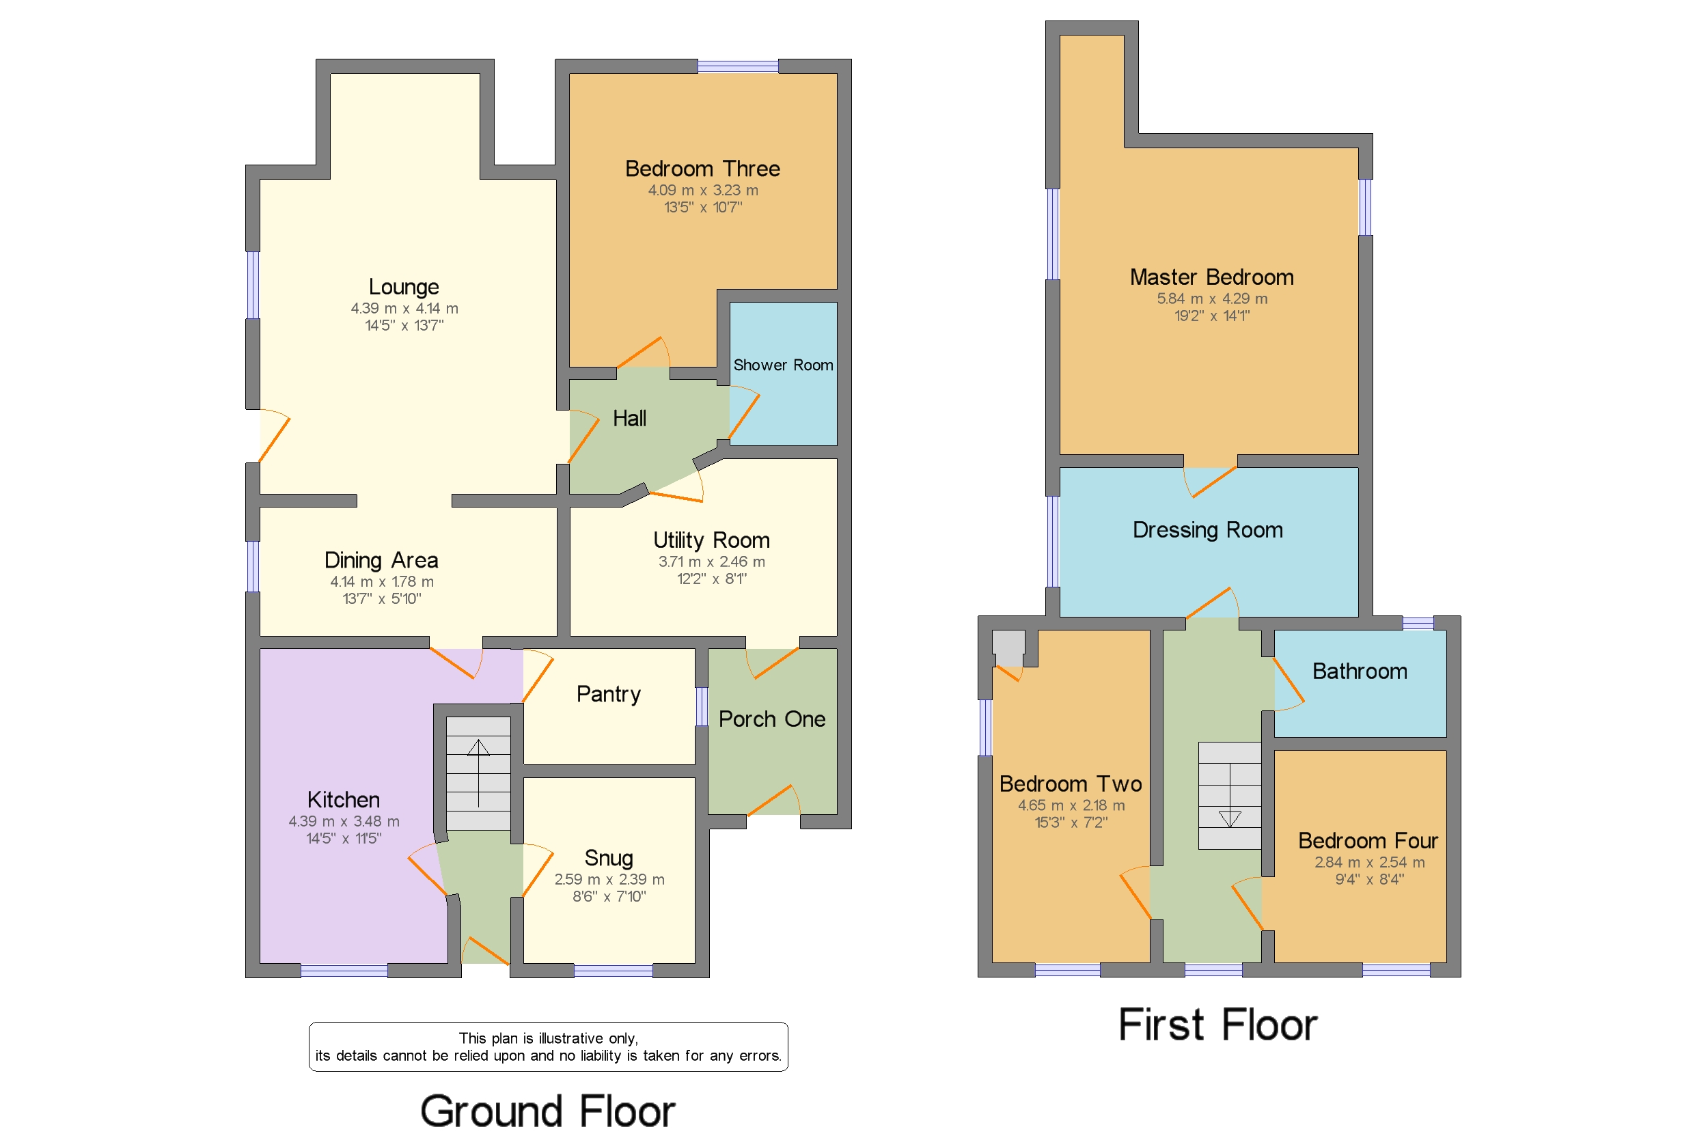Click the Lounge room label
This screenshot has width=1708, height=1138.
point(404,287)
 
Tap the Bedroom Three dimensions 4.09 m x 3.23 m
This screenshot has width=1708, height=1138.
point(702,190)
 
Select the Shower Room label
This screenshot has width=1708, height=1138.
point(782,365)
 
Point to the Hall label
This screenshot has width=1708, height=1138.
point(629,419)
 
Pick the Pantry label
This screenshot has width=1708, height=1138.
point(608,694)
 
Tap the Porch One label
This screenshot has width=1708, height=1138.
point(771,719)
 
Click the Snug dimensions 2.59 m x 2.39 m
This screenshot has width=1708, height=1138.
point(609,879)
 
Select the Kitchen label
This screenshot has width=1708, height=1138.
point(344,799)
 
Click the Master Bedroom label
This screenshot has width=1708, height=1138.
point(1211,277)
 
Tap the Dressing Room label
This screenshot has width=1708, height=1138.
point(1207,530)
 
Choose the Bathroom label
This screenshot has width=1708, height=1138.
point(1359,671)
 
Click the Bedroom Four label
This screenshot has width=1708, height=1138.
point(1367,840)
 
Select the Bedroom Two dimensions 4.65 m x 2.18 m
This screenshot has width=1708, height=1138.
point(1071,805)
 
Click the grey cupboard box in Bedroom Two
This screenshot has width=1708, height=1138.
point(1008,647)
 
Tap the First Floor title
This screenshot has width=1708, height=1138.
point(1217,1025)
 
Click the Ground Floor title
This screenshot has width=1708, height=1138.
point(547,1111)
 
